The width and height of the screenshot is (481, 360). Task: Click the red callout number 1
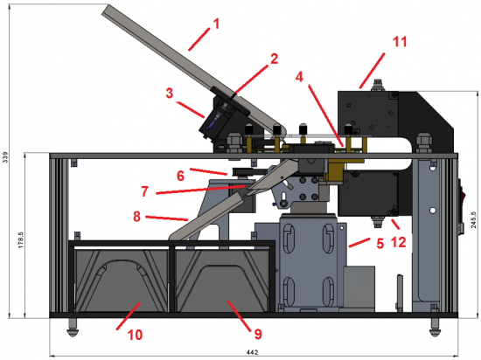click(217, 24)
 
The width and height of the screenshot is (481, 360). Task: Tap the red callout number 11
click(400, 42)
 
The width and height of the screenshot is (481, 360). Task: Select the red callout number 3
click(170, 93)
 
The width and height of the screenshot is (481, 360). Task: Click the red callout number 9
click(380, 244)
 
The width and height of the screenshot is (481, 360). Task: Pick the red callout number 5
click(180, 176)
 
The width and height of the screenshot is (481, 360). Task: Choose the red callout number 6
click(136, 217)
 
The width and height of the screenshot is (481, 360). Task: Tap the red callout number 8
click(258, 334)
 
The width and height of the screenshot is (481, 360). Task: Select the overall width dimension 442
click(252, 353)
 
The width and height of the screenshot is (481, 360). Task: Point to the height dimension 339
click(5, 157)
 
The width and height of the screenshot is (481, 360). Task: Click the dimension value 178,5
click(21, 240)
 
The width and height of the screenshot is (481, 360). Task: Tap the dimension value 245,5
click(474, 219)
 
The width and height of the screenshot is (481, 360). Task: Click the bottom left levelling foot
click(73, 328)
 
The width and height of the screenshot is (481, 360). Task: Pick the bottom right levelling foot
click(435, 328)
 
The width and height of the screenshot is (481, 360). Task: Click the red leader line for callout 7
click(201, 190)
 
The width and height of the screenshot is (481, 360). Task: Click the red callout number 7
click(145, 191)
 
